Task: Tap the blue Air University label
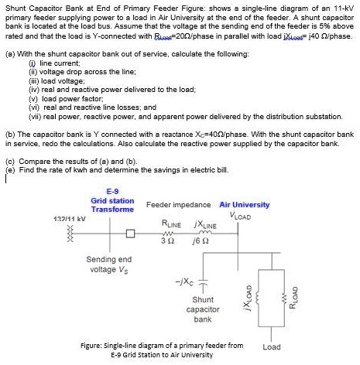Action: (x=245, y=205)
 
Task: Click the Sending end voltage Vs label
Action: (x=110, y=264)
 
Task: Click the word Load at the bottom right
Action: (x=272, y=346)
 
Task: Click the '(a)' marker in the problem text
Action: (x=8, y=54)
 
